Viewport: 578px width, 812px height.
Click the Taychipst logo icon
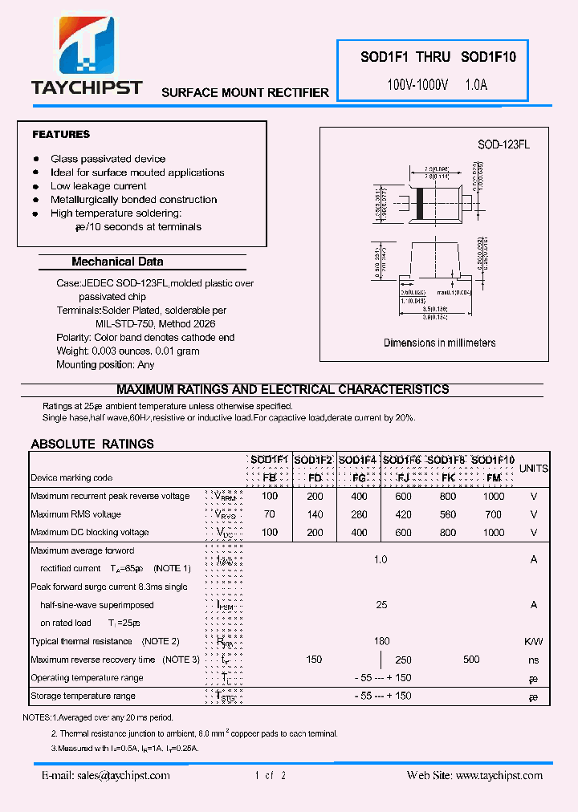coord(86,48)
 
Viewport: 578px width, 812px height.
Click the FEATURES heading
coord(61,134)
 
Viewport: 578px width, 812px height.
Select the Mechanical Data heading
coord(117,262)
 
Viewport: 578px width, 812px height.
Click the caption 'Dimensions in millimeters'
coord(439,343)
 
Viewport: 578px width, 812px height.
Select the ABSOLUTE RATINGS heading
coord(92,444)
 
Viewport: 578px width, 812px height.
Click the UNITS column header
coord(534,468)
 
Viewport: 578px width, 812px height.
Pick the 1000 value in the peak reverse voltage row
coord(494,497)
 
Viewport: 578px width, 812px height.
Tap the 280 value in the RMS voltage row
coord(359,514)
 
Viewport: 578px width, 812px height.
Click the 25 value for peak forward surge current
coord(382,605)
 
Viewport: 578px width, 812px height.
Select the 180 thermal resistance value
coord(382,641)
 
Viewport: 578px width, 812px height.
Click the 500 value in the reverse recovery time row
coord(471,660)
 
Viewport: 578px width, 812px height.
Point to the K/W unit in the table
coord(534,641)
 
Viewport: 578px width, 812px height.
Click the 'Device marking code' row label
coord(71,477)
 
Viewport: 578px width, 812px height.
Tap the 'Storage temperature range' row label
coord(83,696)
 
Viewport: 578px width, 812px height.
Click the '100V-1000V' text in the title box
coord(417,83)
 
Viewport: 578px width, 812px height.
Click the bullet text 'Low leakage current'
coord(99,186)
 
